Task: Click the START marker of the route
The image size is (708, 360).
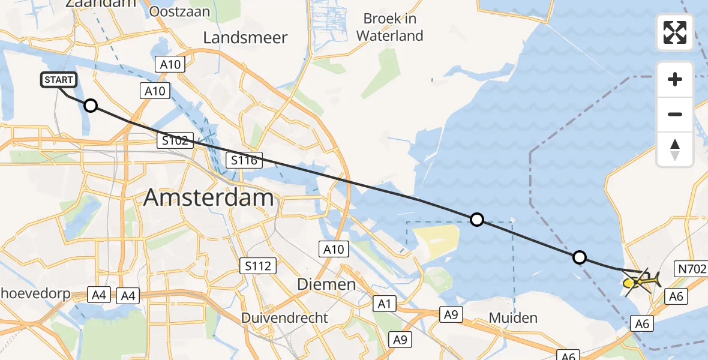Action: click(x=58, y=80)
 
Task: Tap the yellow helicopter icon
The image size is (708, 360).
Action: click(x=641, y=280)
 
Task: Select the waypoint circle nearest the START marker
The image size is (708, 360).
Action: click(x=90, y=106)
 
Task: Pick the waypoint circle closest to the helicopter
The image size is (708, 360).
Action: click(x=579, y=257)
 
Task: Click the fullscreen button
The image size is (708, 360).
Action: click(x=675, y=32)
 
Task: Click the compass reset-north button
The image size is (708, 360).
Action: click(x=675, y=149)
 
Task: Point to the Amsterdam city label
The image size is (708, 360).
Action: click(x=209, y=197)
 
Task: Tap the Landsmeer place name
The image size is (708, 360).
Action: click(x=245, y=38)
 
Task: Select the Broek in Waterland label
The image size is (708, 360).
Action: click(x=389, y=27)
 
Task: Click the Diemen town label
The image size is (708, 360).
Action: click(x=328, y=284)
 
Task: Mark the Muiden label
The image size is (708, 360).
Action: click(x=512, y=317)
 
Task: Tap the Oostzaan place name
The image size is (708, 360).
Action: click(x=179, y=11)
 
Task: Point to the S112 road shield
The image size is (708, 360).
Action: click(x=258, y=265)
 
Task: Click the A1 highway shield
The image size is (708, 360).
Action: click(x=384, y=304)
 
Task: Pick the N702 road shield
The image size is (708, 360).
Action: click(x=692, y=268)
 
